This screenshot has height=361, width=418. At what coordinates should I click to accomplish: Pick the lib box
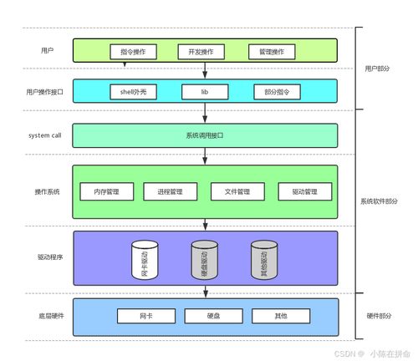(204, 90)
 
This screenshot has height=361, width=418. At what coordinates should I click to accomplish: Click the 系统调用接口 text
(205, 135)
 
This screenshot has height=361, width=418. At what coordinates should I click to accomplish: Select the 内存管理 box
(107, 191)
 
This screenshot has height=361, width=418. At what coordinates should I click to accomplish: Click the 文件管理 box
(237, 191)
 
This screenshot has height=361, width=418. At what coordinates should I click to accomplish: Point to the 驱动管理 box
(304, 191)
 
